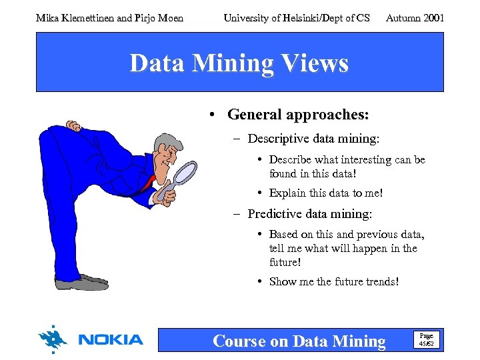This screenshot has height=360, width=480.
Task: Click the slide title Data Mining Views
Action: (x=239, y=63)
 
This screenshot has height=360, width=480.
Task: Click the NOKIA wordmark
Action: (x=111, y=340)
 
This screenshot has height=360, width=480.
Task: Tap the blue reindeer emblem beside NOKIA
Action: (x=53, y=339)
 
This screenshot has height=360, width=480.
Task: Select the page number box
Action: (x=425, y=339)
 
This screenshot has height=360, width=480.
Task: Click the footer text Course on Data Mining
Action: (x=299, y=341)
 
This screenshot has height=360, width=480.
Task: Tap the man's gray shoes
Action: (x=81, y=282)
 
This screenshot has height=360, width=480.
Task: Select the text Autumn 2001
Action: (x=415, y=18)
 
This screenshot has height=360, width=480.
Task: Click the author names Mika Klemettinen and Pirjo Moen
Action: (x=109, y=18)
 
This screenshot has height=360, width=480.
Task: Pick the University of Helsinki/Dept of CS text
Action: (x=297, y=18)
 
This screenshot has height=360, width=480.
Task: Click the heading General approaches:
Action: (x=297, y=115)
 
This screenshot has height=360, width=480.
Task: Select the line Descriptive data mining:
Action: (x=313, y=139)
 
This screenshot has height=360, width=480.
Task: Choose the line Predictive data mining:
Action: (x=309, y=214)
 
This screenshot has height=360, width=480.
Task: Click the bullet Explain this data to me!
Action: (x=326, y=193)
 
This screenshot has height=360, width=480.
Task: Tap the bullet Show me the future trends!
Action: (x=334, y=281)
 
